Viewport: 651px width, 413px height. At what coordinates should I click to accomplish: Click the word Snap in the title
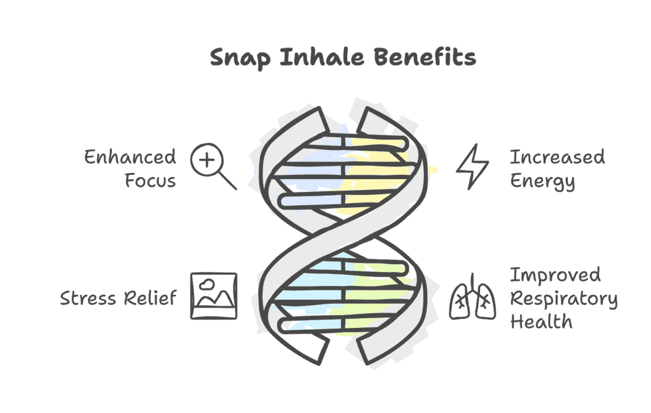point(240,58)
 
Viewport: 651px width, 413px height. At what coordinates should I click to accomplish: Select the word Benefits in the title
point(425,57)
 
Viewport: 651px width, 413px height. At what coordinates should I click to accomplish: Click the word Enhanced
point(130,157)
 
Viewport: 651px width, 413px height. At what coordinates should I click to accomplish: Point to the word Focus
point(150,180)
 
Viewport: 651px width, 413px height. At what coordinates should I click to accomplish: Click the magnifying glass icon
point(214,166)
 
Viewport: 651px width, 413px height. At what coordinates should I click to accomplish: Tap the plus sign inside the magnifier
point(207,160)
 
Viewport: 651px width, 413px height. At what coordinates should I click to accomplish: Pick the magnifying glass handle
point(228,180)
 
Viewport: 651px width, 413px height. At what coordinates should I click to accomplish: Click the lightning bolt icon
point(472,167)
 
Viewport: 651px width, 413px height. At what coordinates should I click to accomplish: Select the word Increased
point(557,157)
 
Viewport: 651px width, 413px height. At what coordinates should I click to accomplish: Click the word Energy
point(542,181)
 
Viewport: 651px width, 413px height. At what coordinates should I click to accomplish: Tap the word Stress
point(88,298)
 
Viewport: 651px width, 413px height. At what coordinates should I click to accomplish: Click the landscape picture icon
point(214,296)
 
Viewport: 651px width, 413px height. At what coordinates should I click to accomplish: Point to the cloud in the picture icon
point(207,284)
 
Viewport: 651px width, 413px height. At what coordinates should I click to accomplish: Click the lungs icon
point(472,297)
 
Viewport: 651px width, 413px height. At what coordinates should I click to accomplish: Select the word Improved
point(555,275)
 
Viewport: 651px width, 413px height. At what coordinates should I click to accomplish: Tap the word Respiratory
point(564,299)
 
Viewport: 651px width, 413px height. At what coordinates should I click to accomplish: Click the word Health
point(541,322)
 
